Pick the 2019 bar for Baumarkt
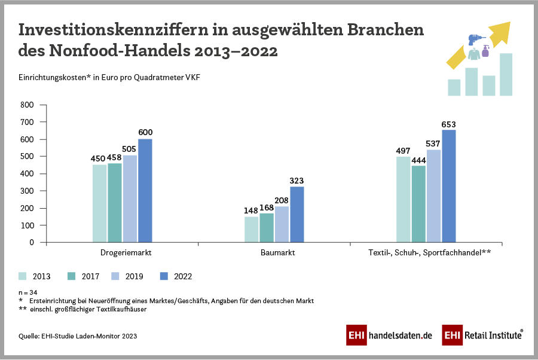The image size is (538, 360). click(282, 224)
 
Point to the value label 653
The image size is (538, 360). click(448, 124)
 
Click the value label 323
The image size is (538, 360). click(297, 181)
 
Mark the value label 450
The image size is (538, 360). click(99, 159)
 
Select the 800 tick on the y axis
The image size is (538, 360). click(28, 105)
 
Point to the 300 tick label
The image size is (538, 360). click(28, 191)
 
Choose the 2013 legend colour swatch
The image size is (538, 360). click(23, 276)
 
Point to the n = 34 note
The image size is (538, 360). click(28, 291)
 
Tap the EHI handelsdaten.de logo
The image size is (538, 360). click(389, 335)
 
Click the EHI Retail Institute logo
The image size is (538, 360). click(483, 335)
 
